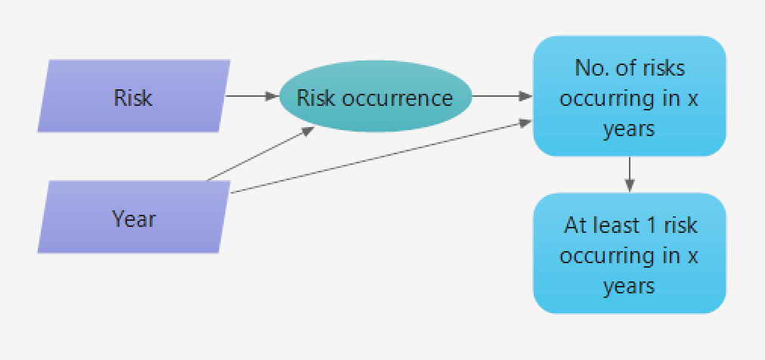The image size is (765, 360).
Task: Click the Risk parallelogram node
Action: point(133,97)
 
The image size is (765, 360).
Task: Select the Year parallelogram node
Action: point(133,218)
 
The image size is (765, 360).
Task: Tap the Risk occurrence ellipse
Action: point(375,98)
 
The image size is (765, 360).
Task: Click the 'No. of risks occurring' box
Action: point(629,97)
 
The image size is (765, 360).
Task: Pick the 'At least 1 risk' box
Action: point(629,254)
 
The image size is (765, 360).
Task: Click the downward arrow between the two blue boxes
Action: point(629,174)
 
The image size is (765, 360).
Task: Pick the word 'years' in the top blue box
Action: point(629,129)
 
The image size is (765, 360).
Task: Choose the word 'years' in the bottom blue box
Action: point(629,286)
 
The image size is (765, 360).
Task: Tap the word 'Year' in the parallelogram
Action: point(134,219)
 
